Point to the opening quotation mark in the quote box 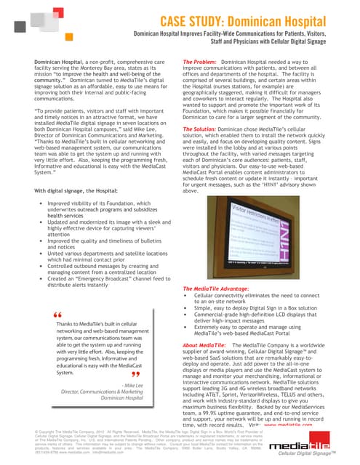[x=57, y=314]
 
